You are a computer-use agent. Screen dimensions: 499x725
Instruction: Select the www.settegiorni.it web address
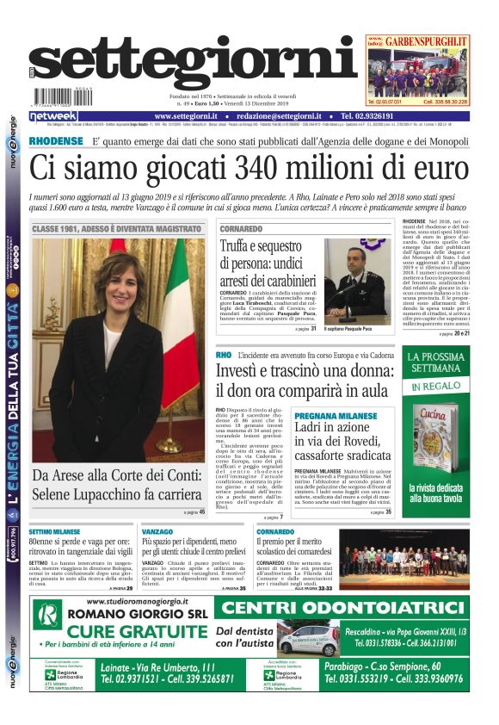[186, 116]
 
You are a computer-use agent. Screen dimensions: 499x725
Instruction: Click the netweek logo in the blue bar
[53, 116]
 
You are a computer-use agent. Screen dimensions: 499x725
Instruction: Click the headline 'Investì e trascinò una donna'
[301, 380]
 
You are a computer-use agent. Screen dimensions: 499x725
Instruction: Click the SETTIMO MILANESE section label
[54, 532]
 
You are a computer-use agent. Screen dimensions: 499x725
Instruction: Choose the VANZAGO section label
[157, 532]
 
